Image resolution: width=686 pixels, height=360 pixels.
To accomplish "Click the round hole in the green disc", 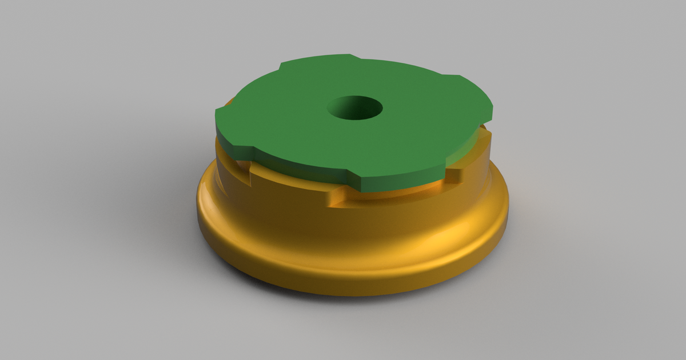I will coord(355,108).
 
